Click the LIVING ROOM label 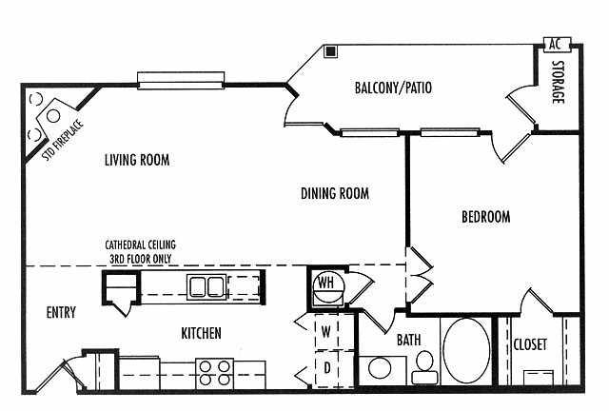137,160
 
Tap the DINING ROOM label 335,193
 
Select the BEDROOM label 486,216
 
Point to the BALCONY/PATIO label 393,88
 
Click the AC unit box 557,44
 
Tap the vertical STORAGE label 559,82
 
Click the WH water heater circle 328,288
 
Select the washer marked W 326,332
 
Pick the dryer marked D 326,368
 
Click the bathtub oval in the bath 466,351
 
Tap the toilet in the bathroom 424,367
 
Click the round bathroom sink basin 380,367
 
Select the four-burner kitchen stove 214,373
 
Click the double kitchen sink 206,287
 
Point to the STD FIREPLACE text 63,141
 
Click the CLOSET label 530,344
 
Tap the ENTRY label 61,313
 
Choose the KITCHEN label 201,333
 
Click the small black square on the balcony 331,51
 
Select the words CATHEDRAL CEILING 140,245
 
